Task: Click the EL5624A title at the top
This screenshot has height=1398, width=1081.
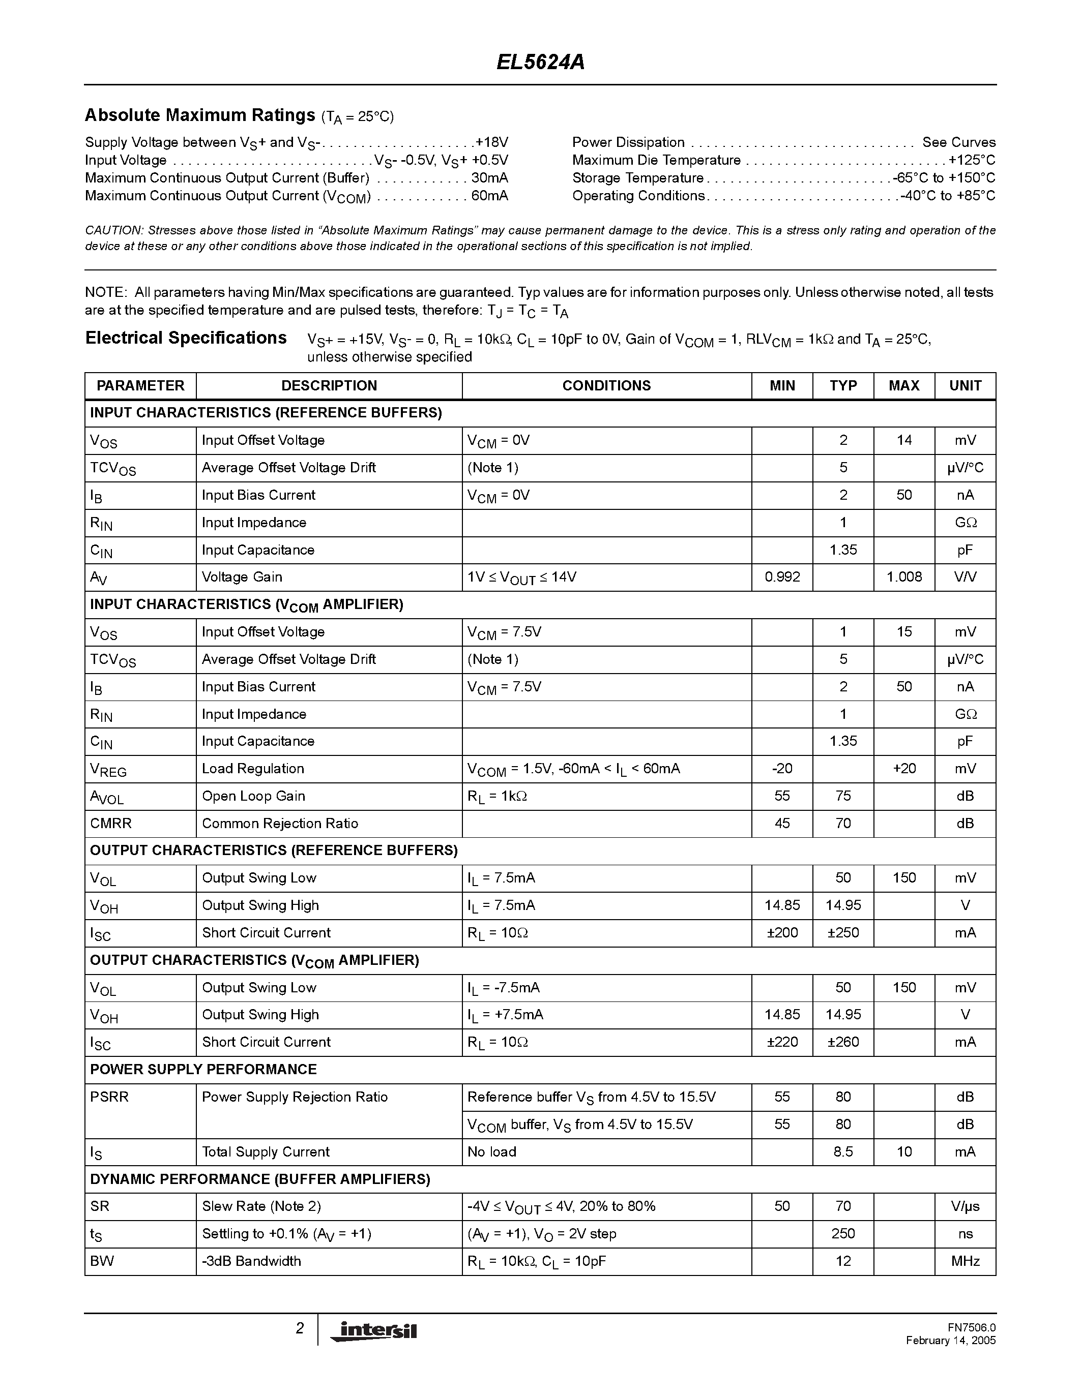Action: click(540, 63)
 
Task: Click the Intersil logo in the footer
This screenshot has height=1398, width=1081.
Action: click(373, 1330)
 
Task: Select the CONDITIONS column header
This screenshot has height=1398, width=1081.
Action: click(606, 385)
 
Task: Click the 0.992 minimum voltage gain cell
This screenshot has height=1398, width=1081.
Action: click(782, 577)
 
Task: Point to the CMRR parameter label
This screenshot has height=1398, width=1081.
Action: click(111, 823)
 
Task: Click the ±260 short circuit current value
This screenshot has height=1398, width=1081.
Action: click(843, 1042)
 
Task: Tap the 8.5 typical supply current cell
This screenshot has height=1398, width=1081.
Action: click(843, 1151)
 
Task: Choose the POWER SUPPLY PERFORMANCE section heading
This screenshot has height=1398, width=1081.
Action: click(203, 1069)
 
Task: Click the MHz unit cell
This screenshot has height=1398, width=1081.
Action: click(965, 1261)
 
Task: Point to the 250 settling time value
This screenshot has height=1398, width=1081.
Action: click(843, 1233)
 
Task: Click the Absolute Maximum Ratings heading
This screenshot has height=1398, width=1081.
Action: click(200, 115)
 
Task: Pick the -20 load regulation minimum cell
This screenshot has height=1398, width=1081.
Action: click(782, 768)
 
